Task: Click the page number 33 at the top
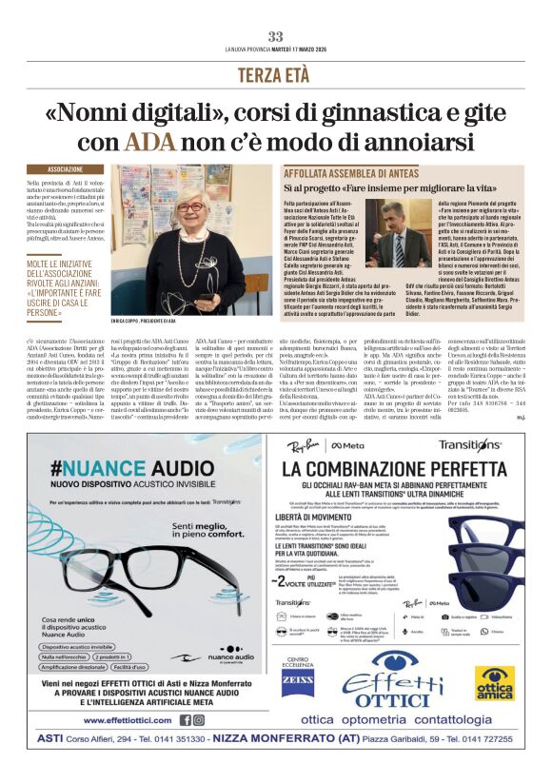click(276, 36)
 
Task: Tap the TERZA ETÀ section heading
click(275, 74)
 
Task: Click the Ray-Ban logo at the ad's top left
click(302, 444)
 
